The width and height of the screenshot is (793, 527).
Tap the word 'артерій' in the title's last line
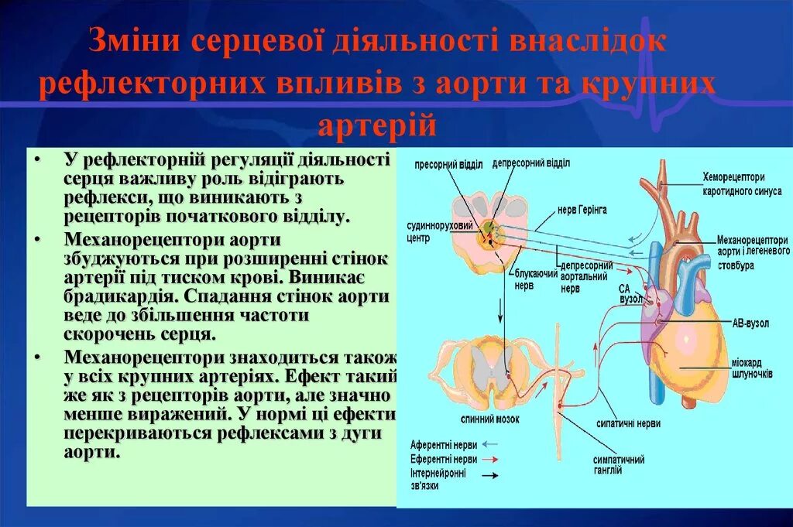[x=376, y=123]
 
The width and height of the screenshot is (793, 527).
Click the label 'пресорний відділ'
[x=448, y=164]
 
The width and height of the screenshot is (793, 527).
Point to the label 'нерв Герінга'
[x=582, y=209]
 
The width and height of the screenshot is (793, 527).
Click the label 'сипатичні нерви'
[x=628, y=423]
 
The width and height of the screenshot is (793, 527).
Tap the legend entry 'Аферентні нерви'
[x=442, y=445]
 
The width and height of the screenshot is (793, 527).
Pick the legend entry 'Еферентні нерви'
[x=442, y=459]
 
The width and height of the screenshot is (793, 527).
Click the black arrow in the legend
[x=490, y=475]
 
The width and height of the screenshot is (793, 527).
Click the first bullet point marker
[x=39, y=160]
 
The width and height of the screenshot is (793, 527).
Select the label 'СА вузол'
[x=629, y=293]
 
